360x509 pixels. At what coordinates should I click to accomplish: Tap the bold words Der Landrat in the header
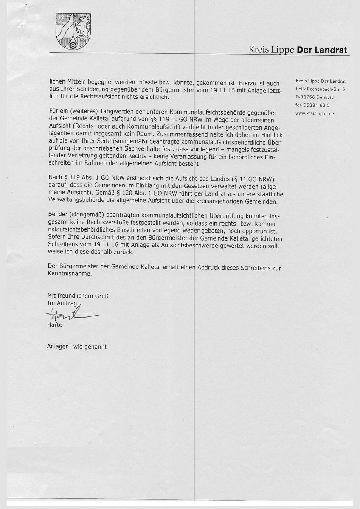point(322,50)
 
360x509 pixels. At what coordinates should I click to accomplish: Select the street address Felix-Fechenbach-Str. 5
point(320,89)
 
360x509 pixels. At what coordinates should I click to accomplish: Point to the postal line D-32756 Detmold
point(317,97)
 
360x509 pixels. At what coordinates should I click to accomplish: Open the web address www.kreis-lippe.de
point(315,113)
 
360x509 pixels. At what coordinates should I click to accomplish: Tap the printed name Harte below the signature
point(55,325)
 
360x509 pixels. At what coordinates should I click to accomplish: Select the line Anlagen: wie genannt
point(77,346)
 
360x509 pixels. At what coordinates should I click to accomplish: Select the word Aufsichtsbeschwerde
point(211,246)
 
